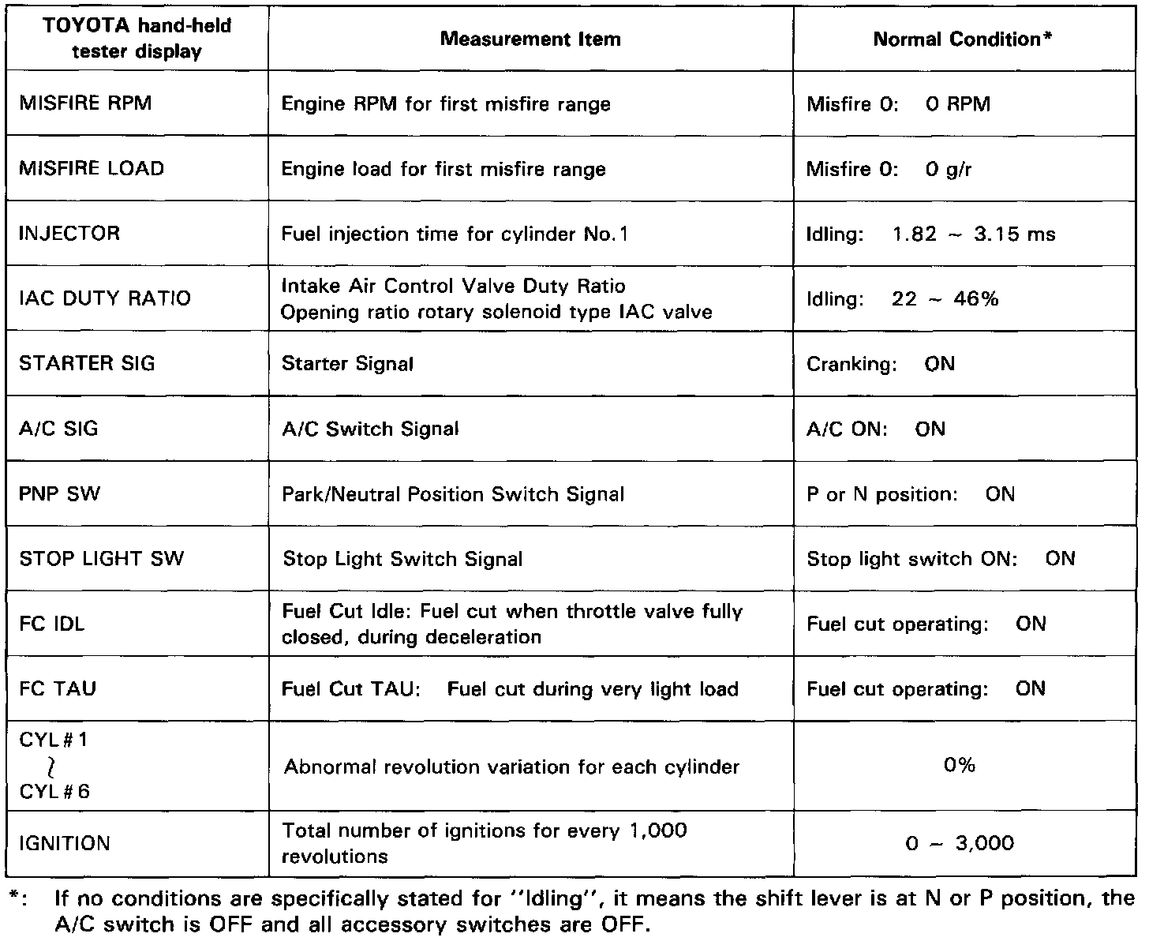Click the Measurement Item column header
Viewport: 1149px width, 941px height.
pos(530,39)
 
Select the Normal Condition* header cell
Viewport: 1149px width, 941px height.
pos(963,39)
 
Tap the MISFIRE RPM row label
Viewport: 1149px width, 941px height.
pos(85,103)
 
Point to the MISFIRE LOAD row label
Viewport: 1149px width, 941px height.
pos(92,168)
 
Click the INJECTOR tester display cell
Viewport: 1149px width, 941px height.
pos(69,234)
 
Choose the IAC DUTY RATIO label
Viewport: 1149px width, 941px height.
pos(105,298)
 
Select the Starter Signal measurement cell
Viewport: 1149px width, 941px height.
pos(347,364)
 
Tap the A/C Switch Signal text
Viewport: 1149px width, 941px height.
pos(370,429)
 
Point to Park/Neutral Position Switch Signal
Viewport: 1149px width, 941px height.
pos(453,494)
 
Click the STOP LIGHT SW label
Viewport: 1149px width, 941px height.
pos(101,559)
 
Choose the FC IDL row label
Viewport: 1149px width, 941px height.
pos(52,624)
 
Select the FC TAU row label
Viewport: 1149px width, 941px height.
pos(58,688)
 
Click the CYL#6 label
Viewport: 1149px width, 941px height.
pos(54,791)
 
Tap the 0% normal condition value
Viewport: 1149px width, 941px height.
pos(959,765)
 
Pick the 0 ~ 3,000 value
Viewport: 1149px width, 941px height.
pos(959,843)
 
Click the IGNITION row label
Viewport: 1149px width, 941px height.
pos(65,843)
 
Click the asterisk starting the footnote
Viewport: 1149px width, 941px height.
pos(14,898)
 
